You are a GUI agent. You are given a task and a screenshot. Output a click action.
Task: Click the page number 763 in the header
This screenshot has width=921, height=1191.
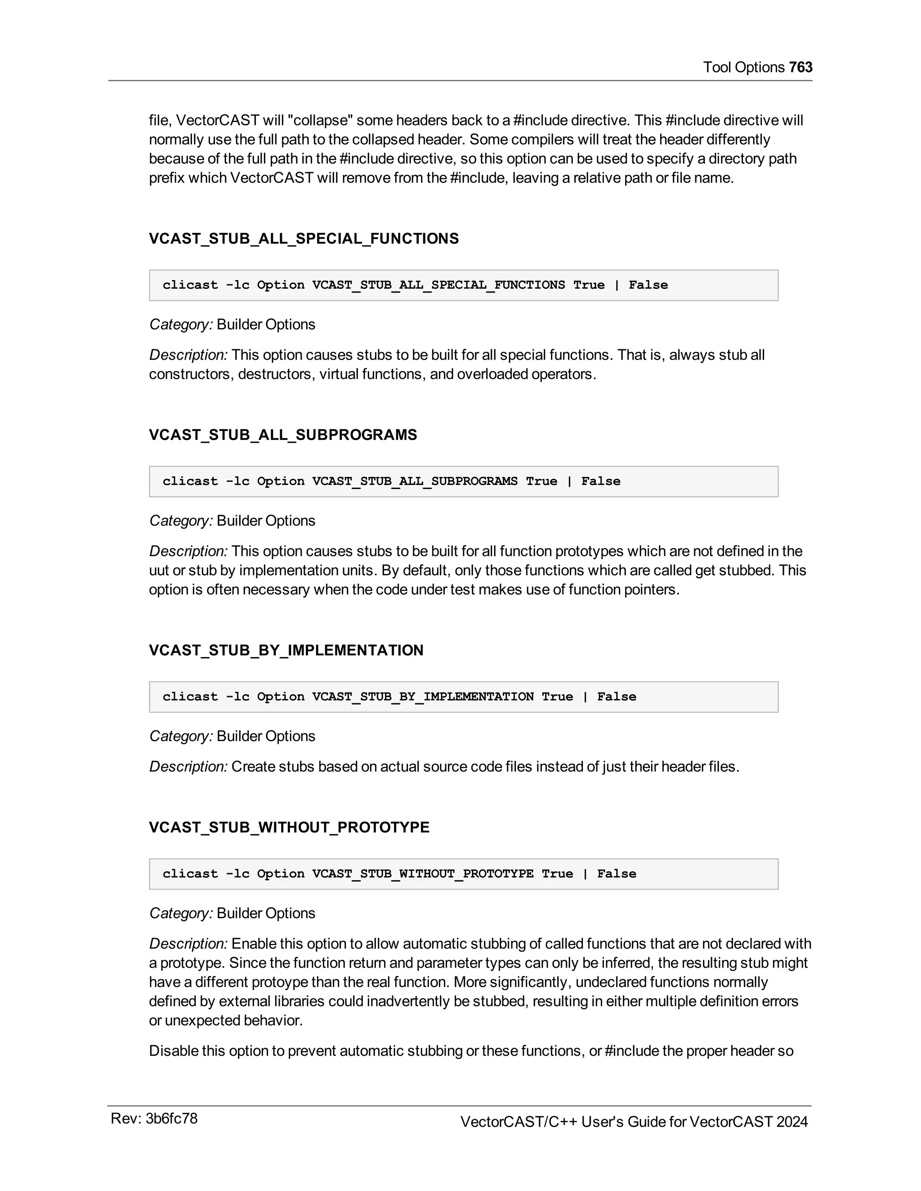[x=800, y=67]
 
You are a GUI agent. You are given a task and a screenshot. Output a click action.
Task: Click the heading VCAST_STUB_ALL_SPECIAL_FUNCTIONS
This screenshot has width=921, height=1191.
[x=304, y=239]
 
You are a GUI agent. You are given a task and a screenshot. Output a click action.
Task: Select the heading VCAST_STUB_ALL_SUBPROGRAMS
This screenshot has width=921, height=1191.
[x=282, y=435]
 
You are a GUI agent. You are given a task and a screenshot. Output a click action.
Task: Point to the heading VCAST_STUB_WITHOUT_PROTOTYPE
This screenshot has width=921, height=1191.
[x=289, y=827]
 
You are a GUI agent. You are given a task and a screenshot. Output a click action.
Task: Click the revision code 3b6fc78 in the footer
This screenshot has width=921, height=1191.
[x=171, y=1119]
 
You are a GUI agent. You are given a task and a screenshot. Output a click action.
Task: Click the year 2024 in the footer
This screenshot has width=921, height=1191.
[x=791, y=1122]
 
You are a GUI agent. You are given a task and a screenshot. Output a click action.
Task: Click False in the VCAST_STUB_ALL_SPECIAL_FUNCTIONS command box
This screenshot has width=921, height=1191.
[x=648, y=285]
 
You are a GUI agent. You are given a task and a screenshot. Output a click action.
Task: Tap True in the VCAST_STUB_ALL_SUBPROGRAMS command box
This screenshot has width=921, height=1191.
[x=541, y=481]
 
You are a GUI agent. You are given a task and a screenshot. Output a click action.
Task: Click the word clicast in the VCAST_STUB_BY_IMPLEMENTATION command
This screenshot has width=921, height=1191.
[x=190, y=697]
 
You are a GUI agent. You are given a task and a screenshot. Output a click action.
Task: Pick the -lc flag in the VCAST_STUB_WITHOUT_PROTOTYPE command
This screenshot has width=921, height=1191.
[x=237, y=874]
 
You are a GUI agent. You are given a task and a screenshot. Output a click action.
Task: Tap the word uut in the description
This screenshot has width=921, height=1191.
[x=159, y=571]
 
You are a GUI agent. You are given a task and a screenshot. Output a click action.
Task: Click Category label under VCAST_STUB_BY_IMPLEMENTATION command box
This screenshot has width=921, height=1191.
[x=181, y=736]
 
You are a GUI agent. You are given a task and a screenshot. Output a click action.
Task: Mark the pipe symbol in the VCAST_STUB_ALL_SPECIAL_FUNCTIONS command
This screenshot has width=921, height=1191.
[x=617, y=285]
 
